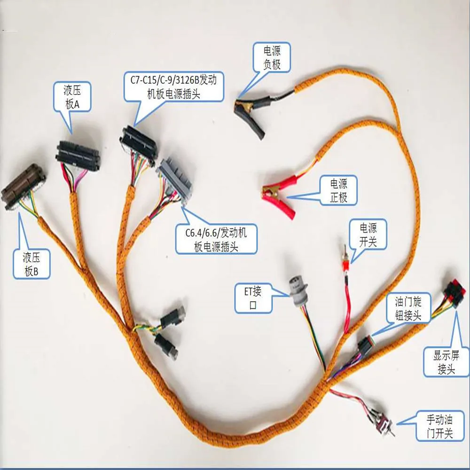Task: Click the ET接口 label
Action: pyautogui.click(x=253, y=298)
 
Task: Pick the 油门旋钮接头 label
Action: pyautogui.click(x=407, y=308)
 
